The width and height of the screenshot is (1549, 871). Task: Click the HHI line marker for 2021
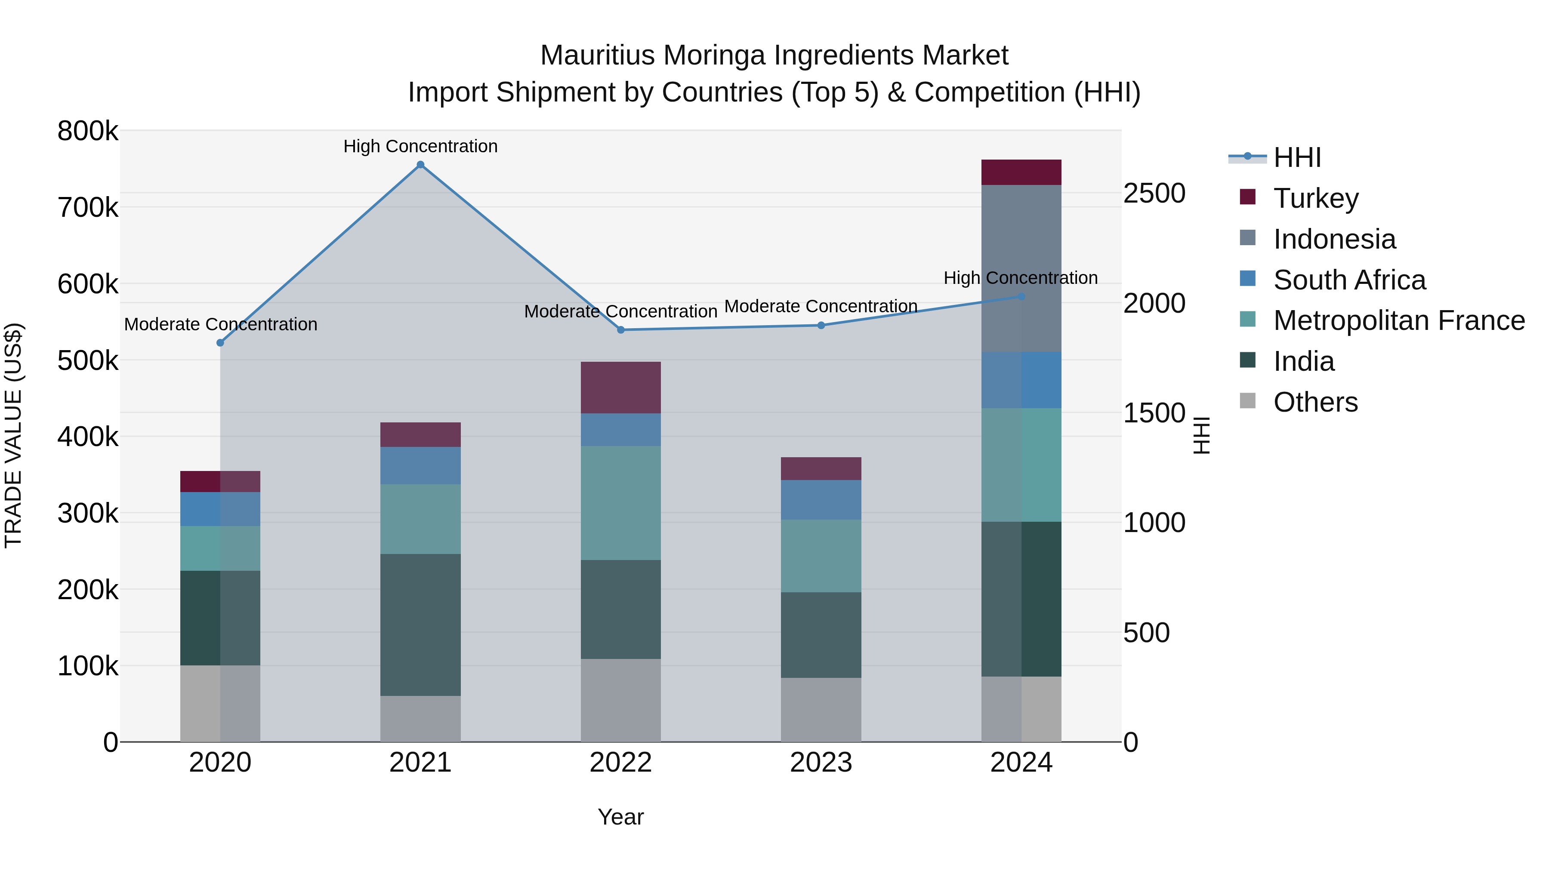pyautogui.click(x=420, y=165)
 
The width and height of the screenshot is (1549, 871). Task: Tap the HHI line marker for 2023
pyautogui.click(x=821, y=325)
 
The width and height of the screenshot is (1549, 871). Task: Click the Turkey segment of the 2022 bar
pyautogui.click(x=620, y=387)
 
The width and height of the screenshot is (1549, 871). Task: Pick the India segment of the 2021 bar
pyautogui.click(x=420, y=625)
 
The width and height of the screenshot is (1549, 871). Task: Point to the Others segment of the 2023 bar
pyautogui.click(x=821, y=709)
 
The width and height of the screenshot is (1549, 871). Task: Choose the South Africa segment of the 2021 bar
pyautogui.click(x=420, y=465)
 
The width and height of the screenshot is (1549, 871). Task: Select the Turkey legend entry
pyautogui.click(x=1316, y=198)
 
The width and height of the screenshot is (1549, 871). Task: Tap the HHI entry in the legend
pyautogui.click(x=1297, y=157)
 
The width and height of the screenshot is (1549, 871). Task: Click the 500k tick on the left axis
pyautogui.click(x=88, y=361)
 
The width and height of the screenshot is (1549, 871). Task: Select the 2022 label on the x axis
pyautogui.click(x=620, y=763)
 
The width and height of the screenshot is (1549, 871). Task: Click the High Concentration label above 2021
pyautogui.click(x=420, y=146)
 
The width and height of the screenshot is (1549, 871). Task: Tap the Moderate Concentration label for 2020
pyautogui.click(x=221, y=324)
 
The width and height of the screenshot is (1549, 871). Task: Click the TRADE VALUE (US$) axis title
pyautogui.click(x=14, y=435)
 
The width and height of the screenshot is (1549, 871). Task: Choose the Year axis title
pyautogui.click(x=620, y=817)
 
